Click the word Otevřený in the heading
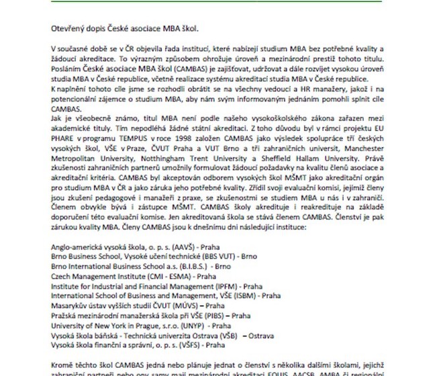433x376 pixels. pos(68,30)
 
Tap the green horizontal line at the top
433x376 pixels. pos(216,2)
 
